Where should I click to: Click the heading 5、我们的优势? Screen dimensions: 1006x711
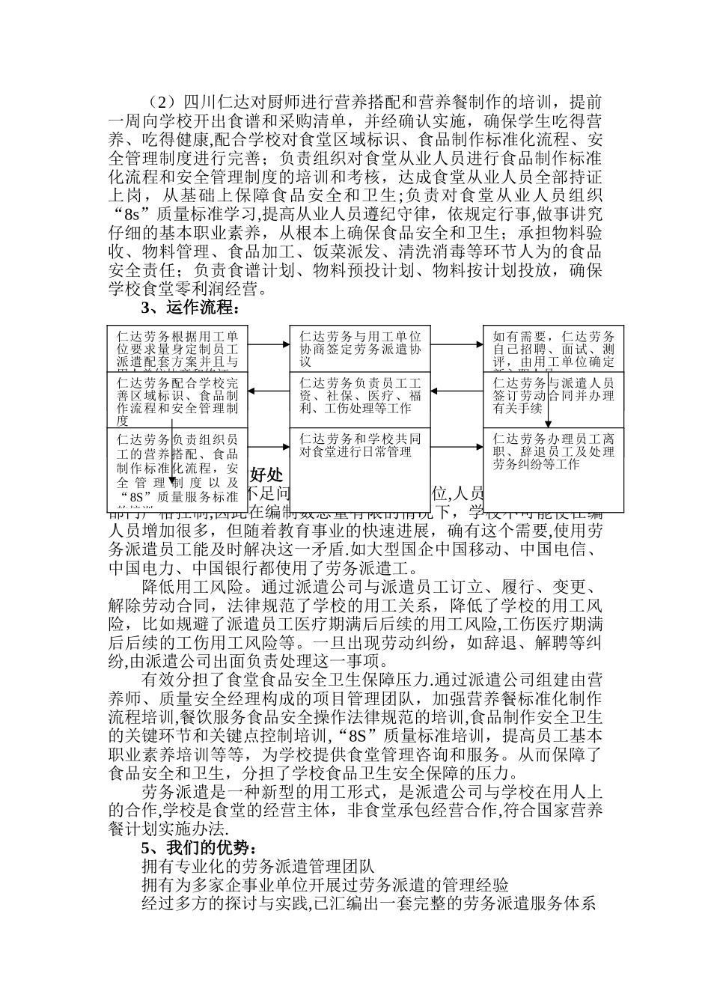tap(199, 848)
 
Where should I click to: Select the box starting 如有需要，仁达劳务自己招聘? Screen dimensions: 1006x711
tap(553, 347)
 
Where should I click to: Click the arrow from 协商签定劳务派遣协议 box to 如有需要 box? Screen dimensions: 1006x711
tap(458, 344)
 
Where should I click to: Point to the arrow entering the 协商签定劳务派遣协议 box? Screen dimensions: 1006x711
tap(268, 344)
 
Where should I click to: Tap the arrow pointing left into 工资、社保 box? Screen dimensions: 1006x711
tap(458, 390)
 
